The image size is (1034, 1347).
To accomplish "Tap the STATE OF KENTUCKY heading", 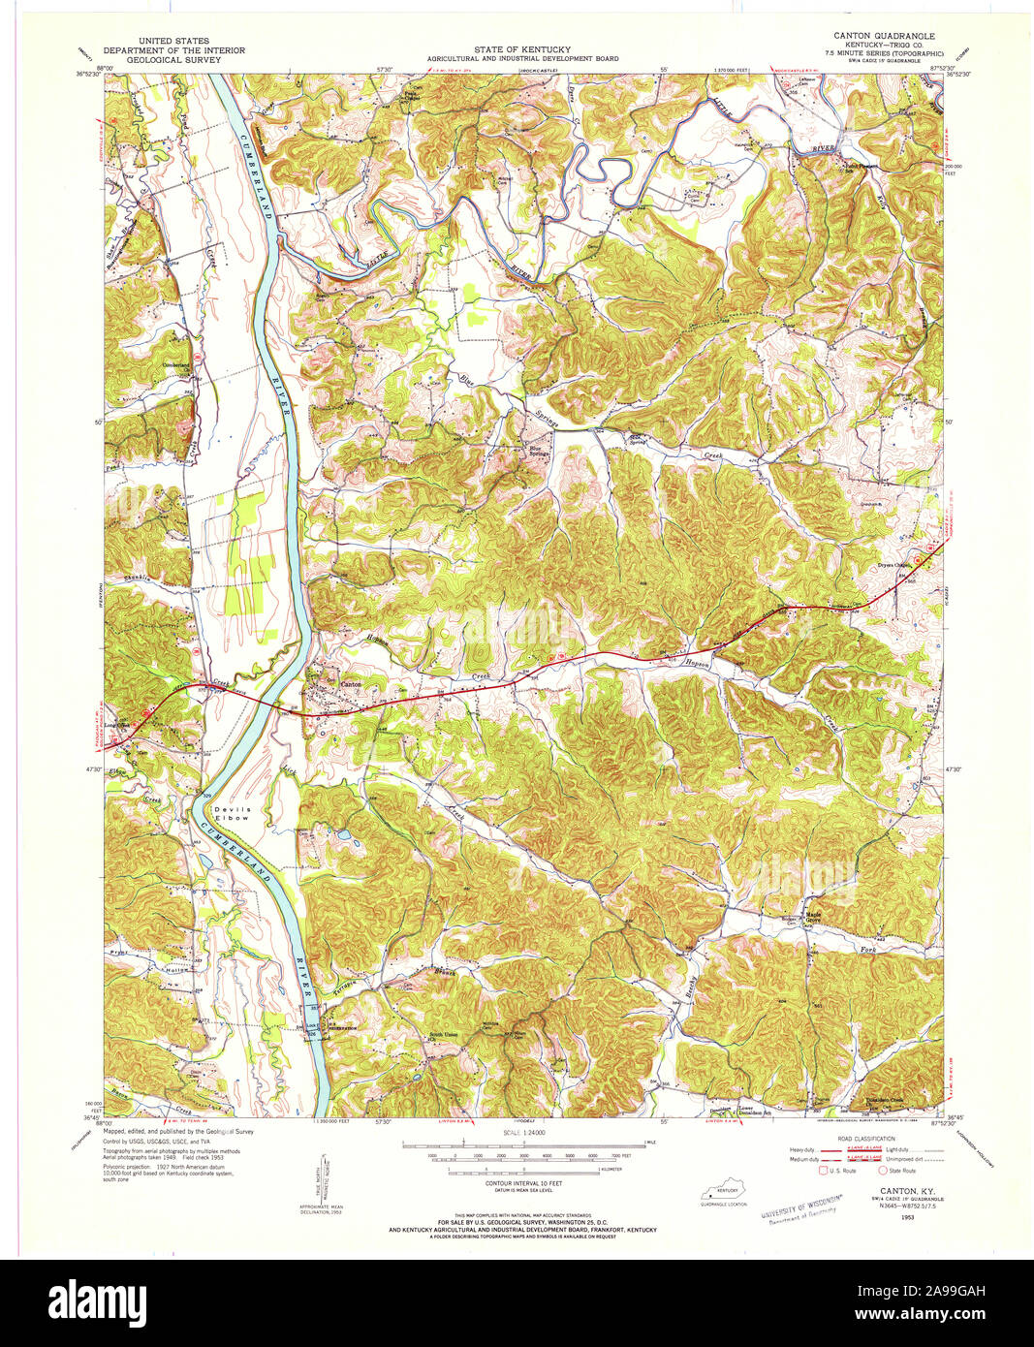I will [522, 49].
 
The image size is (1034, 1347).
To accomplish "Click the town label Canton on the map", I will [349, 684].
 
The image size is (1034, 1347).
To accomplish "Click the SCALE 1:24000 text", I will [522, 1131].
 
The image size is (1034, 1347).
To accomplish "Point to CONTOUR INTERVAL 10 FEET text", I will [523, 1185].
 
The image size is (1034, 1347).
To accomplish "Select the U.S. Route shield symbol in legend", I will [826, 1171].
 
